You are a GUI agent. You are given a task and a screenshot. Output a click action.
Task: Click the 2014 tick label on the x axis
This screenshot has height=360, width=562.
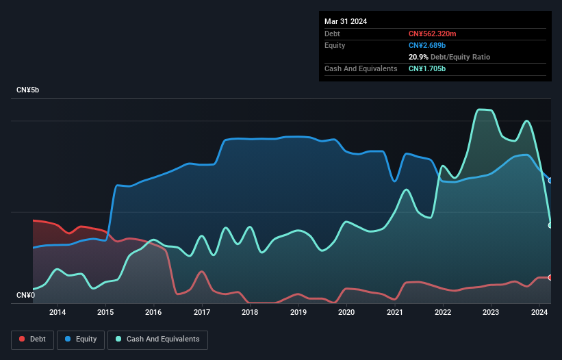(x=58, y=313)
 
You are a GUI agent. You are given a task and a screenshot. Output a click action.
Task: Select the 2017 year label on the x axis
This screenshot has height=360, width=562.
(x=202, y=313)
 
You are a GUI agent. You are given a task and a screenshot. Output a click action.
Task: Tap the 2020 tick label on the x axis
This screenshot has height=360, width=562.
(x=346, y=313)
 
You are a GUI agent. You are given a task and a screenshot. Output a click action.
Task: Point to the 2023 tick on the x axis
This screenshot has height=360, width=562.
(x=491, y=313)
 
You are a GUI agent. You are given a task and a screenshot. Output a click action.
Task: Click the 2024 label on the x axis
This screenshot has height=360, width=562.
(x=539, y=313)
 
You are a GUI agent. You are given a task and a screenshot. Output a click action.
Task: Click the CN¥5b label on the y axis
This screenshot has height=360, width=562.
(x=28, y=90)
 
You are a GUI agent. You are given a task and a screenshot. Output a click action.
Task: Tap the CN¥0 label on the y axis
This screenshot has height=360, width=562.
(x=25, y=296)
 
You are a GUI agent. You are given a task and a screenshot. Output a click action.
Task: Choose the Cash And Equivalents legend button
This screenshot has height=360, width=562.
(x=157, y=339)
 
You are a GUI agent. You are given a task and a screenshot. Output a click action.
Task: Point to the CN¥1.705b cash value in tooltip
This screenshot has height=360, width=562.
(x=427, y=68)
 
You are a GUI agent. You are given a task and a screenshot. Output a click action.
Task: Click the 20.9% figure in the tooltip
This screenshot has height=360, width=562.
(x=418, y=57)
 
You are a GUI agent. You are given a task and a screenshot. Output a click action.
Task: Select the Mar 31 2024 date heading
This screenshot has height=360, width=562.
(x=346, y=21)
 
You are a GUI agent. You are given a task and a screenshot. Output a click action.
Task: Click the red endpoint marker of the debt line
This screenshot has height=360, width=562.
(x=550, y=277)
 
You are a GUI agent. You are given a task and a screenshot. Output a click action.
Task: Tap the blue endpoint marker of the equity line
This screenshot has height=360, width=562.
(x=550, y=180)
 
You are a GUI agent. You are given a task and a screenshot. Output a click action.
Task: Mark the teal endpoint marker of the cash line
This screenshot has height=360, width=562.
(x=550, y=225)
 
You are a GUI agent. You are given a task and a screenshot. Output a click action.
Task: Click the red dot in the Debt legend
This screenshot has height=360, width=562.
(x=22, y=339)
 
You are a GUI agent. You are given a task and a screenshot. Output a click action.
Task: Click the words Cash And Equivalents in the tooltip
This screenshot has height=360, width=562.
(x=361, y=68)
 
